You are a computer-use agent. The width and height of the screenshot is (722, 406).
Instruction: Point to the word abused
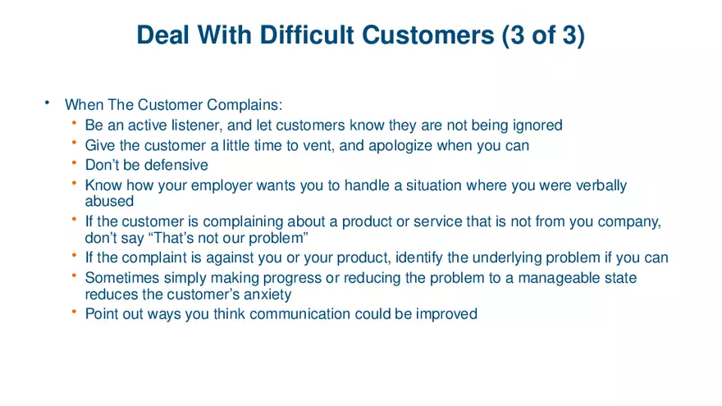point(109,201)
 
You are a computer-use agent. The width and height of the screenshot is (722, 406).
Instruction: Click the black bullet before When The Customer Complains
point(48,103)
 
